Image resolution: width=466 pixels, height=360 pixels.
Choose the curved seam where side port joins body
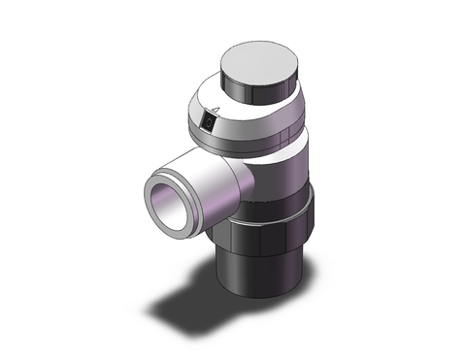click(233, 180)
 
